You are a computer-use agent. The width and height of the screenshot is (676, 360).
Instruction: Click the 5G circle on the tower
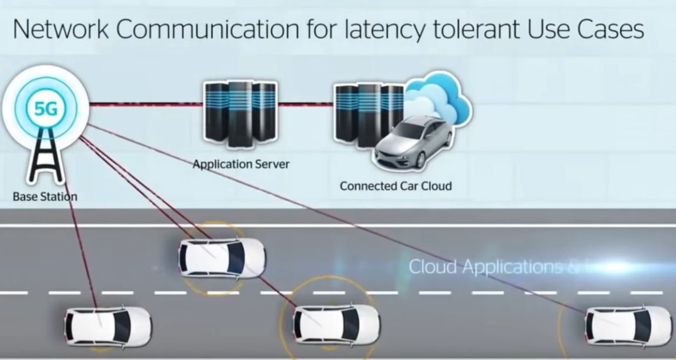coord(46,108)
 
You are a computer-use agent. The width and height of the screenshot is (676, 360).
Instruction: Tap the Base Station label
coord(45,197)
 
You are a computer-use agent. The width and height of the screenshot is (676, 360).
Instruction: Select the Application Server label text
coord(241,164)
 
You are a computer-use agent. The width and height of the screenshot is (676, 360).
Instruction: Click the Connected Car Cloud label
coord(395,186)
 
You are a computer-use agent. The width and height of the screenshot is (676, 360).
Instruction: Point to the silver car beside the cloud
coord(413,142)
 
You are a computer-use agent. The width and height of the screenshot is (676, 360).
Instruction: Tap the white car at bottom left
coord(107,326)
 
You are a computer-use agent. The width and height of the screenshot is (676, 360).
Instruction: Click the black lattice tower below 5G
coord(46,156)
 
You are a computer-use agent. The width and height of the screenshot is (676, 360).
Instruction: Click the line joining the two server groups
coord(306,104)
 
